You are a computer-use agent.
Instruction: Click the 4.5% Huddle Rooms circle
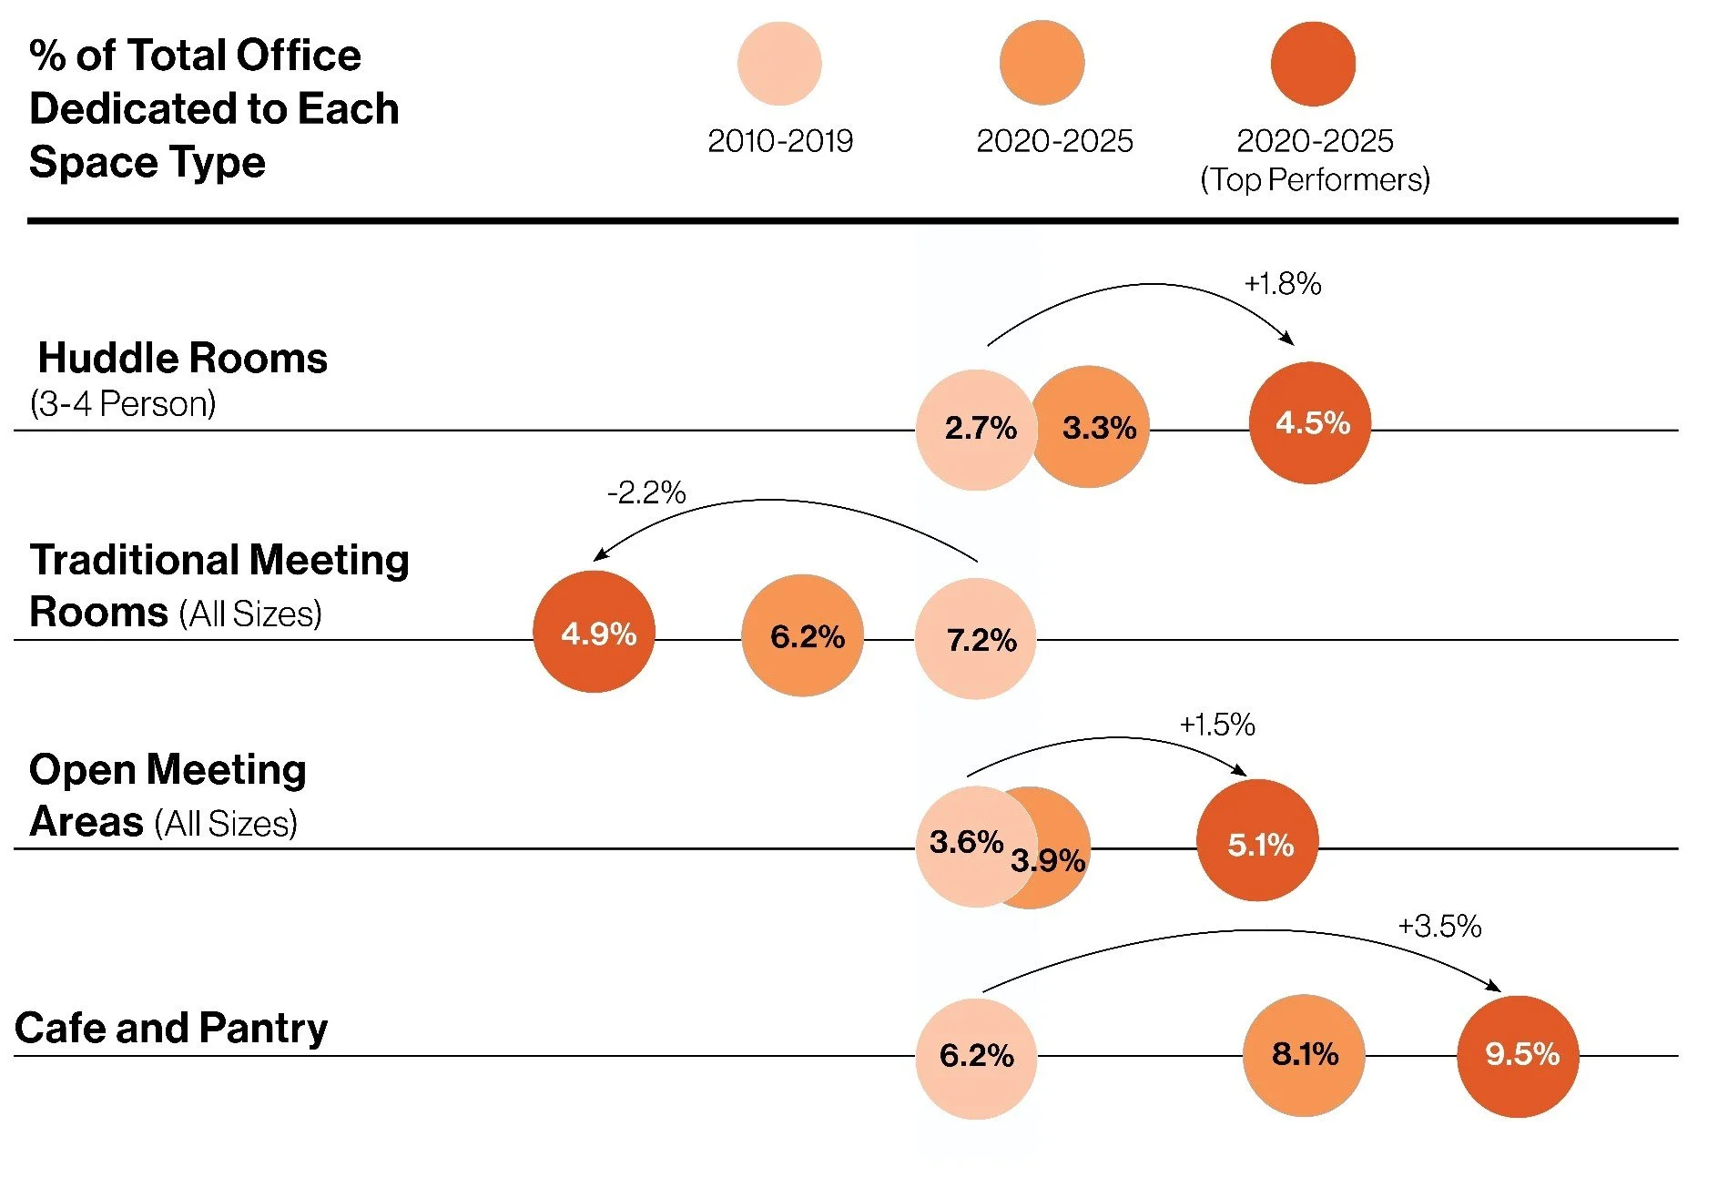[1309, 423]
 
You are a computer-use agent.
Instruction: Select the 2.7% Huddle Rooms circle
[975, 430]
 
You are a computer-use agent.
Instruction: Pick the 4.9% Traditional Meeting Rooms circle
[594, 633]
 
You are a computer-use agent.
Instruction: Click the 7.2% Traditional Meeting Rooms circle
[975, 639]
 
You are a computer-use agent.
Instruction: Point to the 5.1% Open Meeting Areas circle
[1257, 841]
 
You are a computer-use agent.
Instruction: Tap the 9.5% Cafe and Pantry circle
[1518, 1056]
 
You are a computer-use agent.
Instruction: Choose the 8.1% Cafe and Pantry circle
[1304, 1055]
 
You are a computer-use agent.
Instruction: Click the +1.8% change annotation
[1282, 284]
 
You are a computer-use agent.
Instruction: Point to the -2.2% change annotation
[646, 493]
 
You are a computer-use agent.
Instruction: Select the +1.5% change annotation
[1217, 725]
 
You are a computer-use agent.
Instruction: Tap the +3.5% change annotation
[1439, 927]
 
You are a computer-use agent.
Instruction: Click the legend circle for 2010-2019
[779, 64]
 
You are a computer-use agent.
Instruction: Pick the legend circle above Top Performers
[1313, 64]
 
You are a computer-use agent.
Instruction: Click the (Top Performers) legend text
[1315, 179]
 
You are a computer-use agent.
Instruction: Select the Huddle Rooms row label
[182, 359]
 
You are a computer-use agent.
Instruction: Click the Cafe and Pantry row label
[171, 1029]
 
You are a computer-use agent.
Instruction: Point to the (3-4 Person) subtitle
[123, 403]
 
